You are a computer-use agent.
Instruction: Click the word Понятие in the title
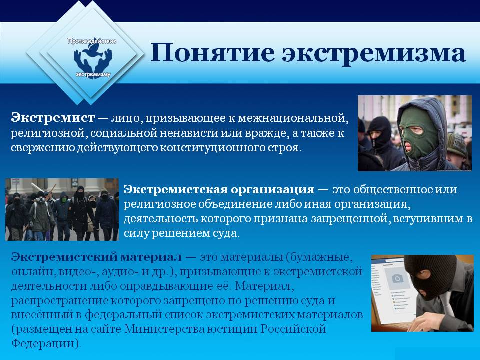coord(213,53)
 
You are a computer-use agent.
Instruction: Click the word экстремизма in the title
coord(374,54)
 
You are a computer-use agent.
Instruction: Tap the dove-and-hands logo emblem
coord(93,58)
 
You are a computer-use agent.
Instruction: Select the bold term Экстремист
coord(53,118)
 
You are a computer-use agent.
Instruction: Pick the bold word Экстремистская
coord(175,189)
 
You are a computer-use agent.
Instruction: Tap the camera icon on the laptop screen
coord(397,278)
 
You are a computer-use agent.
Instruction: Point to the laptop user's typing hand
coord(427,321)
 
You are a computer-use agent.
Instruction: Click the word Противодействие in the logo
coord(92,41)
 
